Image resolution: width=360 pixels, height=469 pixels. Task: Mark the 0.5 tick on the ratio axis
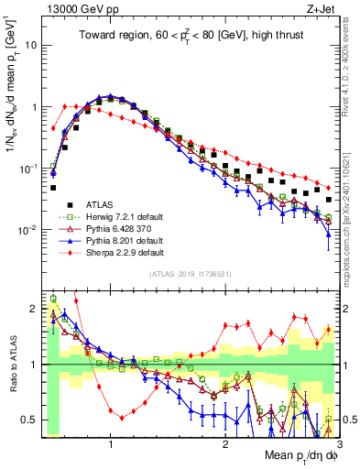[32, 420]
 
